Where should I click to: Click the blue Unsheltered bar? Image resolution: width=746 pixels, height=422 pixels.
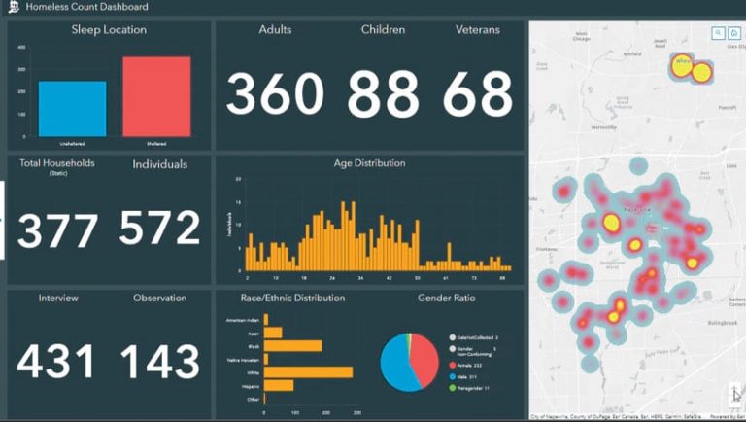point(72,108)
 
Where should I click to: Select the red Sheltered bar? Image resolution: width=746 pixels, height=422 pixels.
point(155,96)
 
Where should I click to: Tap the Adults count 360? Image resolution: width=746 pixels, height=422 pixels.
point(275,94)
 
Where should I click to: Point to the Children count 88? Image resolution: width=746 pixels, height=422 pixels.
point(383,94)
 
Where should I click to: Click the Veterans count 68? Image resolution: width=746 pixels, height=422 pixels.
point(477,94)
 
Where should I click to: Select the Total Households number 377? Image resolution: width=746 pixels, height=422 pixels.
point(57,229)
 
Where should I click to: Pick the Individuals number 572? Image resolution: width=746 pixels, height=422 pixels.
point(159,228)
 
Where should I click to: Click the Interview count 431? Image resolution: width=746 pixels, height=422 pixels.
point(56,362)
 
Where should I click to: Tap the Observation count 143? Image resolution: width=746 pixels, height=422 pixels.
point(159,362)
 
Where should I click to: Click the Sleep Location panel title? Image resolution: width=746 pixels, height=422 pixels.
point(109,30)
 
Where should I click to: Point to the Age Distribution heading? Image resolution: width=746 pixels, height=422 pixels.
point(369,163)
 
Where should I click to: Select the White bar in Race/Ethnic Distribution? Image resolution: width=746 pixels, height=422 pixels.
point(308,371)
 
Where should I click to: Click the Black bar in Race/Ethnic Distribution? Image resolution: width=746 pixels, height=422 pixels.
point(293,345)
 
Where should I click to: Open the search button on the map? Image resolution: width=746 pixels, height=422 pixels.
point(718,32)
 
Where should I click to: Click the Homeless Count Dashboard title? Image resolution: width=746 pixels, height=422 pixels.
point(87,7)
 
